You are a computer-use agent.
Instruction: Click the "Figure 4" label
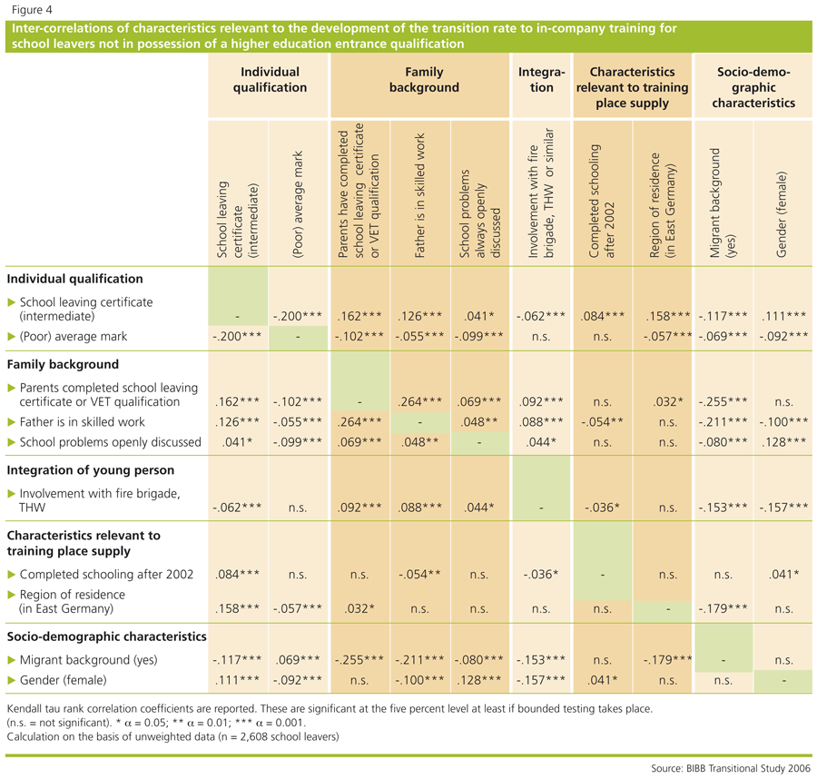click(32, 10)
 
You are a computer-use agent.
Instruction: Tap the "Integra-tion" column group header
click(541, 80)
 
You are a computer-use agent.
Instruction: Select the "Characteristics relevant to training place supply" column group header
click(632, 87)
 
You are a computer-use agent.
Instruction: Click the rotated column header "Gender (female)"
click(781, 214)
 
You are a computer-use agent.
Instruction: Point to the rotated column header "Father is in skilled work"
click(419, 195)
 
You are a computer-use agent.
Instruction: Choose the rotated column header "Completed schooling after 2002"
click(602, 201)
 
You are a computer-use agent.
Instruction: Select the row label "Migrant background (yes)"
click(88, 660)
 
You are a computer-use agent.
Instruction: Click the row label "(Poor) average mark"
click(73, 337)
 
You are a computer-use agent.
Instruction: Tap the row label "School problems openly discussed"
click(111, 442)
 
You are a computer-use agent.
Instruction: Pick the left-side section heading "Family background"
click(63, 364)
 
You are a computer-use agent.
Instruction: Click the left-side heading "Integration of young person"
click(91, 470)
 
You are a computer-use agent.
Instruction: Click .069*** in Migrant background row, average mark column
click(298, 660)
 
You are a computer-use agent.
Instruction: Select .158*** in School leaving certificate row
click(668, 316)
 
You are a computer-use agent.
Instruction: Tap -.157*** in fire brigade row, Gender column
click(783, 507)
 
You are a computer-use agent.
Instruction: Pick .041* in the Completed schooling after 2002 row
click(783, 574)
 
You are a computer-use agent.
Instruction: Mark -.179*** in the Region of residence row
click(723, 608)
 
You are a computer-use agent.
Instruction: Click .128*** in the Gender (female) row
click(479, 680)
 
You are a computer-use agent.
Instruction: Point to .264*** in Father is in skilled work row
click(359, 421)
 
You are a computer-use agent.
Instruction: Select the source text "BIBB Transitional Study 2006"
click(748, 768)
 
